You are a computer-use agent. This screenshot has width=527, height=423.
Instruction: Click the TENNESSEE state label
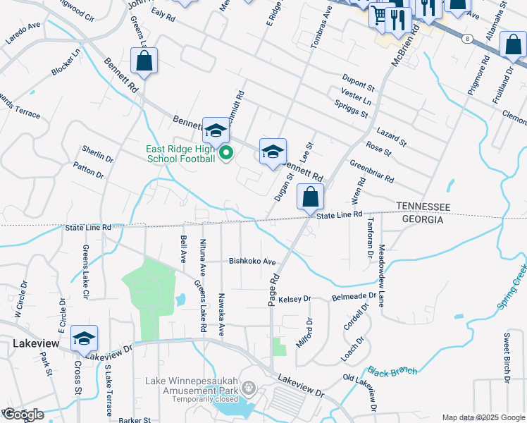pos(423,205)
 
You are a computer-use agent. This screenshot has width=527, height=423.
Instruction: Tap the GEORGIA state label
pos(422,220)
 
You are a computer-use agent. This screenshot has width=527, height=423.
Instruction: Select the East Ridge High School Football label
pos(180,154)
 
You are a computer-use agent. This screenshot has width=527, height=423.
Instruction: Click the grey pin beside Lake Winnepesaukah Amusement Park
pos(248,387)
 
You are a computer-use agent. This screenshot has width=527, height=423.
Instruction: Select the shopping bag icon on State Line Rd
pos(310,197)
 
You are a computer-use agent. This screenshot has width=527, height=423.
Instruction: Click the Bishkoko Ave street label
pos(252,261)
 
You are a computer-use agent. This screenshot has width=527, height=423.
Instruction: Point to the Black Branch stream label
pos(392,371)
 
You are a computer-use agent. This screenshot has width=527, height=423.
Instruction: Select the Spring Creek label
pos(512,286)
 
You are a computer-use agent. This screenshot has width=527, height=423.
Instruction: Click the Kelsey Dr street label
pos(294,300)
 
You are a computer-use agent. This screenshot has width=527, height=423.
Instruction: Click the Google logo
pos(23,415)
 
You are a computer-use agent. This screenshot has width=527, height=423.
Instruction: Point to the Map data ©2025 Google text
pos(483,417)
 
